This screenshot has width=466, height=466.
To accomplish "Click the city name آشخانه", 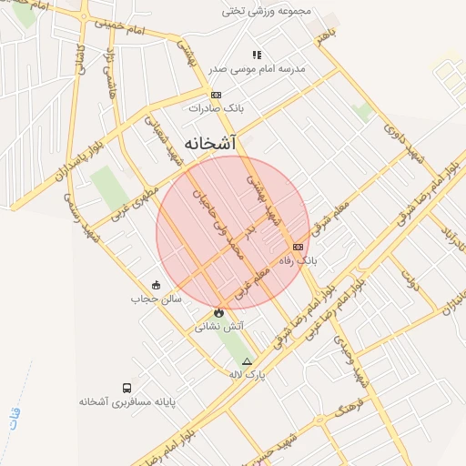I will pos(210,144).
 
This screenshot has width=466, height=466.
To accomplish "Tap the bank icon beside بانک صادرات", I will pos(216,95).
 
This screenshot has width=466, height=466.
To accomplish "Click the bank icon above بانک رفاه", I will pos(298,247).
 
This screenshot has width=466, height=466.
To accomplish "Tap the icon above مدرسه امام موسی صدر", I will pos(257,55).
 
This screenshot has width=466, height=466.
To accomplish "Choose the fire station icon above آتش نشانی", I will pos(218,313).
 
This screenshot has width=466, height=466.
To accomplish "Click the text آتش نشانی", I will pos(218,326).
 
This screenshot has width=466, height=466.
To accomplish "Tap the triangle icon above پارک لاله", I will pos(247,361).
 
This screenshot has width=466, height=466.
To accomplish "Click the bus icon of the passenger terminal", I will pos(126,388).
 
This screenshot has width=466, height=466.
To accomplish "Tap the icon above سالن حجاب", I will pos(157,285).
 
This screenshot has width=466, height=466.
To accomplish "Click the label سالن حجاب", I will pos(157,298).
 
